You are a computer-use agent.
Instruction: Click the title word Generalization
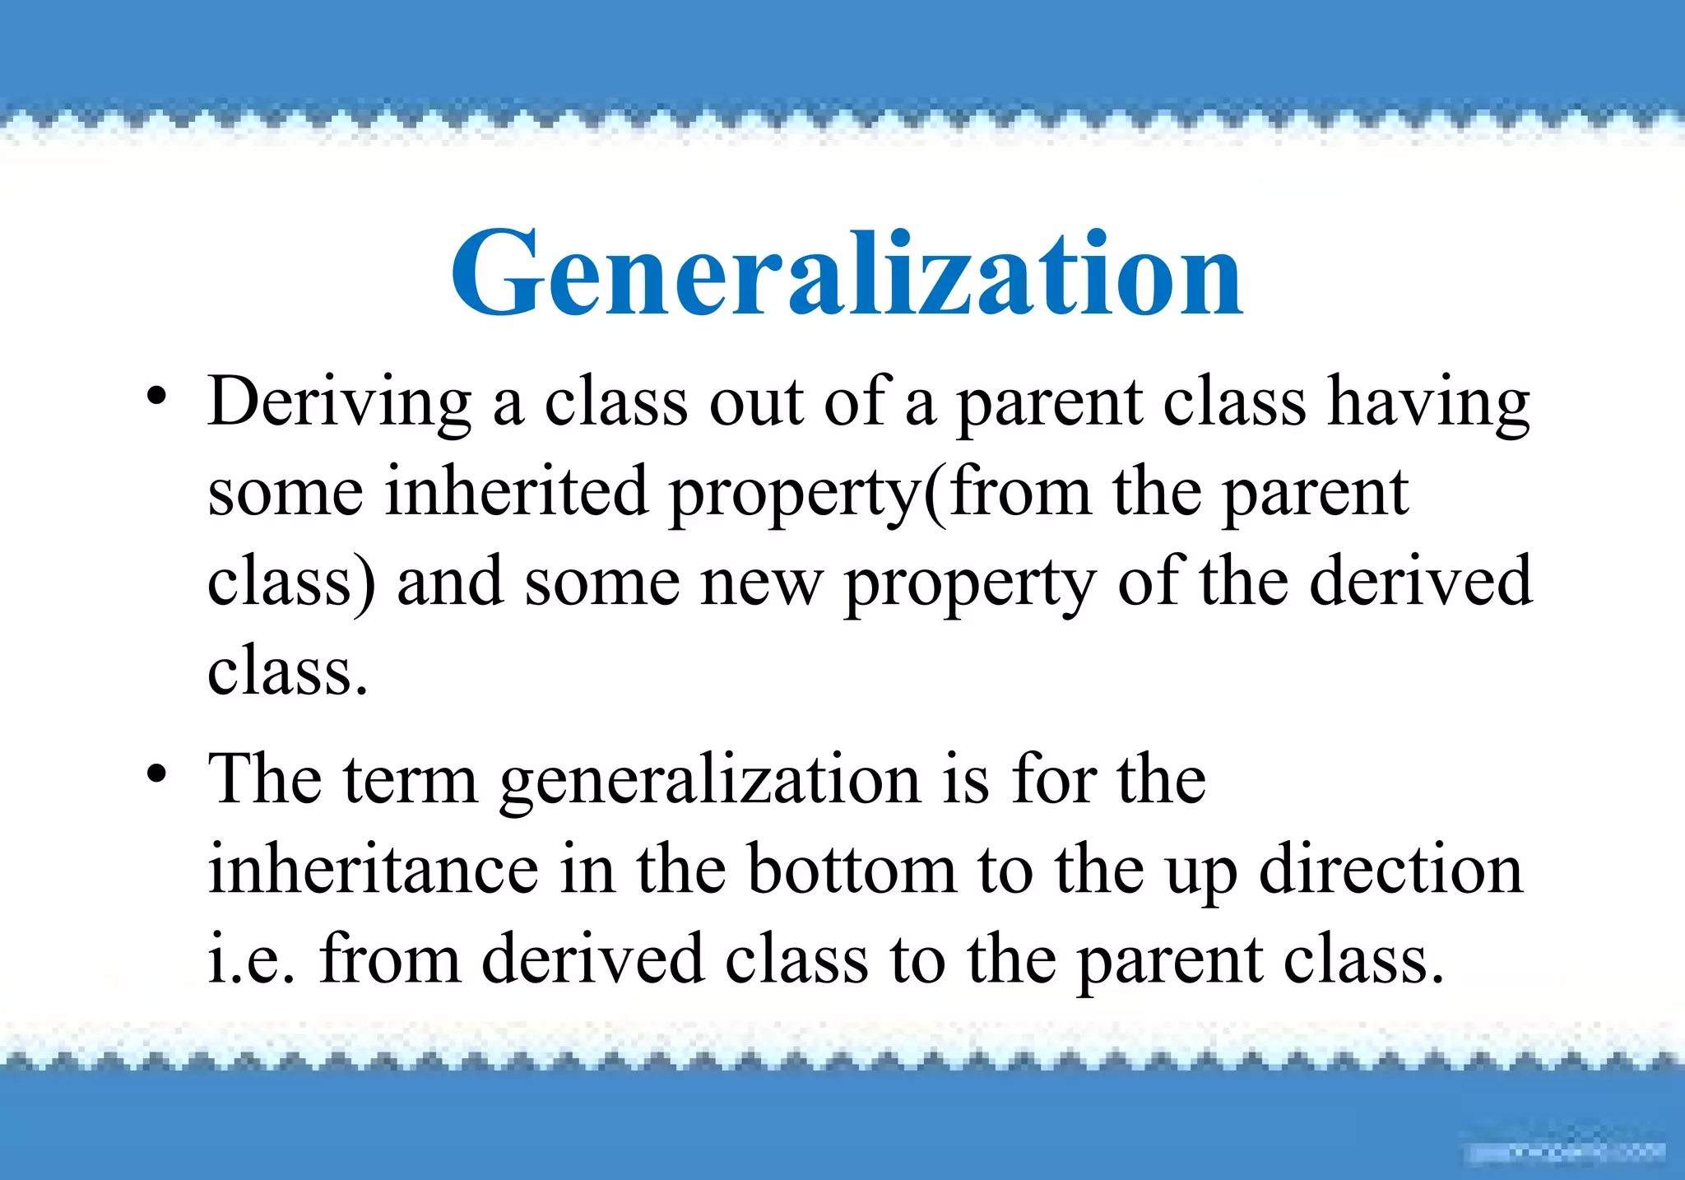(847, 273)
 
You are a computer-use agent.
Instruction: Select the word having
(1429, 403)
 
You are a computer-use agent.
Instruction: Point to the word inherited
(517, 492)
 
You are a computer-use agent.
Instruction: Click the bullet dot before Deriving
(156, 397)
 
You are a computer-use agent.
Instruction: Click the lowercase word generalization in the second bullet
(709, 782)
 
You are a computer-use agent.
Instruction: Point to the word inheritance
(373, 870)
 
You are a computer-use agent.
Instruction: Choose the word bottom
(852, 870)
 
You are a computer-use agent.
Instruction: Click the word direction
(1390, 870)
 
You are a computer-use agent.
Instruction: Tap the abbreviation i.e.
(251, 959)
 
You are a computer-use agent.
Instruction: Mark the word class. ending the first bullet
(286, 671)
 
